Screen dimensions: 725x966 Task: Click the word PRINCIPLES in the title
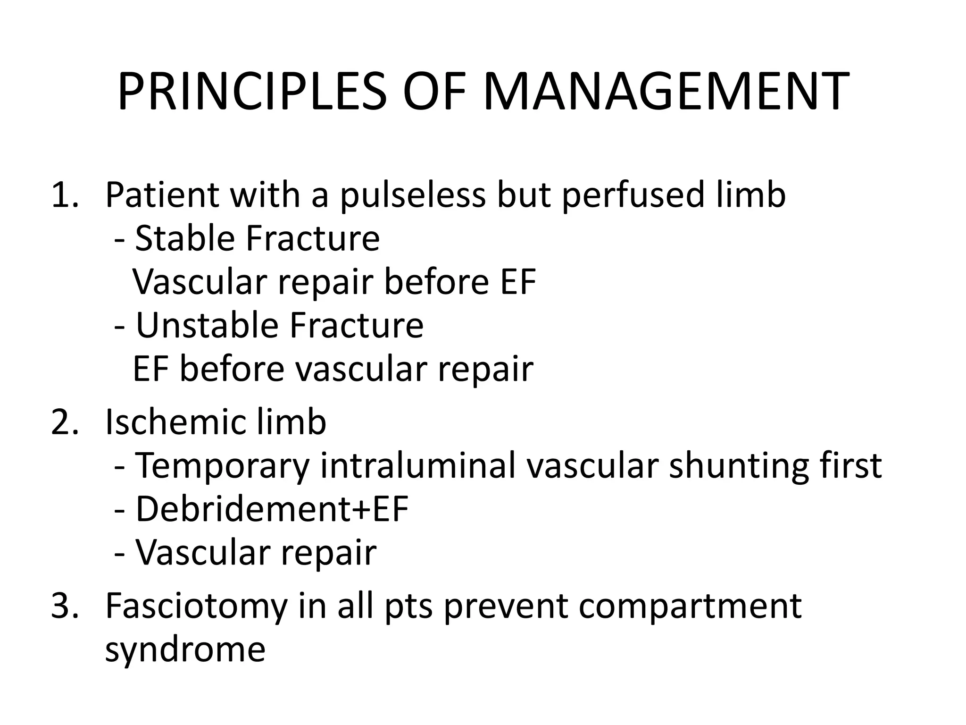click(x=252, y=92)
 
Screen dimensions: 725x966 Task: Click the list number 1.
click(x=65, y=194)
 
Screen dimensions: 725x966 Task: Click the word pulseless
click(x=412, y=194)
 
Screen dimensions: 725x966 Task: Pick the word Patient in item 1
click(x=162, y=194)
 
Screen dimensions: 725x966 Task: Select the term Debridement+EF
click(x=272, y=509)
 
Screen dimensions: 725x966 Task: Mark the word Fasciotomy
click(x=196, y=606)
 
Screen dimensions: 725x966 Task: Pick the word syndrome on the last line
click(x=185, y=650)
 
